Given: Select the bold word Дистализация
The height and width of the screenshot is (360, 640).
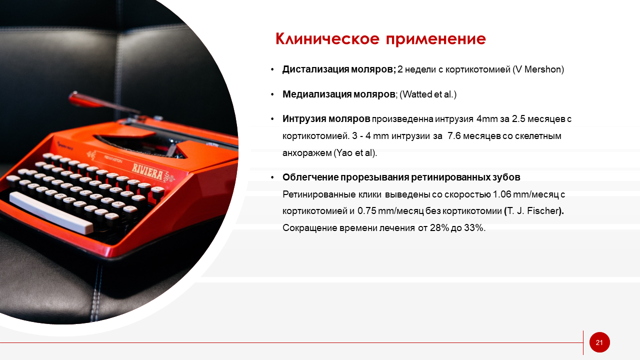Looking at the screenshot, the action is (315, 69).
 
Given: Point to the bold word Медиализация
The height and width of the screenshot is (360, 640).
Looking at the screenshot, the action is (317, 94).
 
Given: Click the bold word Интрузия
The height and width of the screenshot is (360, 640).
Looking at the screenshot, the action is (303, 119).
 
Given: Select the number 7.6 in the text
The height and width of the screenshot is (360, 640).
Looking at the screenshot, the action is (454, 135).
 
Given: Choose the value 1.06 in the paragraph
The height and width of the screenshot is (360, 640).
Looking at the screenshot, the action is (502, 194).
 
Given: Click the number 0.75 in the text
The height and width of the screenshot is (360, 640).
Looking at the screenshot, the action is (366, 211).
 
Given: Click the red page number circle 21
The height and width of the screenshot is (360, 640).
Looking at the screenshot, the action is (599, 342).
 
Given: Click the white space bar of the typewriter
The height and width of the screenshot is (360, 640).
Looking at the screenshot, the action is (51, 212).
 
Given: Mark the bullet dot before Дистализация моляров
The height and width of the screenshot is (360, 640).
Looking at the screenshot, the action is (272, 69).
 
